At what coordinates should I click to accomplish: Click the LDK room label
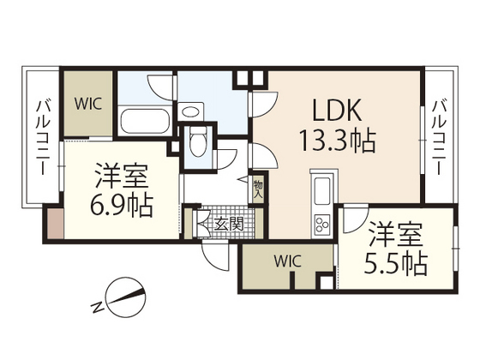(x=337, y=110)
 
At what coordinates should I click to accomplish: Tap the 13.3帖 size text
(x=338, y=141)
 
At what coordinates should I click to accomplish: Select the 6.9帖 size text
(x=122, y=206)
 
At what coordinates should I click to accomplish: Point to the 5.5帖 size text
(x=396, y=263)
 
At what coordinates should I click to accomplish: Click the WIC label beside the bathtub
(x=88, y=104)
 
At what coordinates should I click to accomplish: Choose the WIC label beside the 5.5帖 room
(x=287, y=261)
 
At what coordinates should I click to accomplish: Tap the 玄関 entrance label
(x=229, y=224)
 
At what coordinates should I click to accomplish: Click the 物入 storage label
(x=258, y=189)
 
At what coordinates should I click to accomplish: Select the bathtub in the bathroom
(x=145, y=122)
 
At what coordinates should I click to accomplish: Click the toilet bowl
(x=198, y=141)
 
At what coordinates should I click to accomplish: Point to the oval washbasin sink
(x=190, y=111)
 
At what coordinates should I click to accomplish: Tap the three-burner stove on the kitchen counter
(x=322, y=224)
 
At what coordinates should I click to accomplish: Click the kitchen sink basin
(x=322, y=191)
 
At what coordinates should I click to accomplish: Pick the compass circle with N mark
(x=127, y=297)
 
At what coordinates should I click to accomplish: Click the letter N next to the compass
(x=98, y=308)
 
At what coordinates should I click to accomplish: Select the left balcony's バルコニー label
(x=44, y=137)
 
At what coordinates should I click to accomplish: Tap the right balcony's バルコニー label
(x=439, y=137)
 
